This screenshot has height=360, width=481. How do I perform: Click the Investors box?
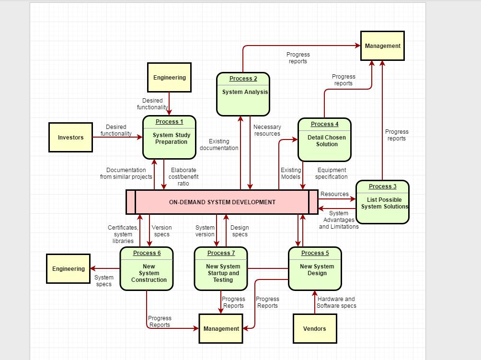pos(70,138)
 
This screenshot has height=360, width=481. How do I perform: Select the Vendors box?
pos(315,328)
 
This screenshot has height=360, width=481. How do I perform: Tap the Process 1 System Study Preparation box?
pos(169,137)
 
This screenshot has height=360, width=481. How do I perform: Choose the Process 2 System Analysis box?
pos(243,94)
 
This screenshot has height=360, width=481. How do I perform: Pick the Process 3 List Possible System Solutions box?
pos(382,202)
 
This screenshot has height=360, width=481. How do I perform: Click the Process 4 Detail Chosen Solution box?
pos(324,139)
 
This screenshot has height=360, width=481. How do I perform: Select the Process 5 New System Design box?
pos(315,268)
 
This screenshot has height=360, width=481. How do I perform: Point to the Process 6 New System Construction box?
pos(147,268)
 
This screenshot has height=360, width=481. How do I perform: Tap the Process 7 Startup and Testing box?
pos(221,268)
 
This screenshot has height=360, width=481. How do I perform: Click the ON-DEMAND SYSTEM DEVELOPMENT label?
pos(222,202)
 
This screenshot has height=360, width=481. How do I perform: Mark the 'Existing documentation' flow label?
pos(219,145)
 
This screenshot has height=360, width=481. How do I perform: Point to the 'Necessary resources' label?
pos(267,130)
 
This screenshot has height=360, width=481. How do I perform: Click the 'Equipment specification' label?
pos(332,174)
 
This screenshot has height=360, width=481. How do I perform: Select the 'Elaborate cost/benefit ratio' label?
pos(183,176)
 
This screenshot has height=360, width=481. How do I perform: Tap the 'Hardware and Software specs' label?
pos(336,302)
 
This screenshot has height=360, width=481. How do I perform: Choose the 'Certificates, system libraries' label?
pos(123,234)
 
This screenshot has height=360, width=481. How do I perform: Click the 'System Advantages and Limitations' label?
pos(339,220)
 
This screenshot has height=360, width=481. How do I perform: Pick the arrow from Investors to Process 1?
pos(117,137)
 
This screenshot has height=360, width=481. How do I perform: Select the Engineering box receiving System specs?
pos(69,269)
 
